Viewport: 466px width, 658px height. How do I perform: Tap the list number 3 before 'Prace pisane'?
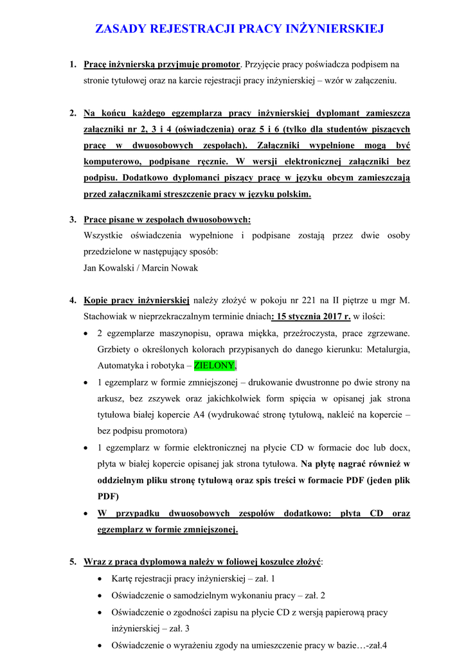pyautogui.click(x=73, y=220)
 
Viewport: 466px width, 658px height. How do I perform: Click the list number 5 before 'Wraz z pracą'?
pyautogui.click(x=73, y=562)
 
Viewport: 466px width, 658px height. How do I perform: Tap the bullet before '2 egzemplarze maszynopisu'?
pyautogui.click(x=87, y=333)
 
